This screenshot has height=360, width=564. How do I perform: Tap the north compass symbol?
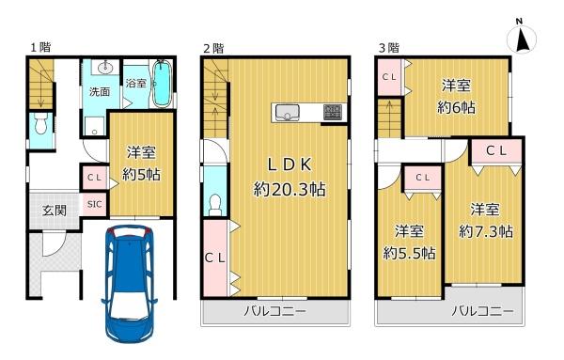(521, 37)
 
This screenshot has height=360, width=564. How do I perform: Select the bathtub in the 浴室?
(161, 84)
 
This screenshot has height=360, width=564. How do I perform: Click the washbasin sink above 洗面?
(105, 67)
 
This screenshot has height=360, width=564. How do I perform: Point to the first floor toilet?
(41, 123)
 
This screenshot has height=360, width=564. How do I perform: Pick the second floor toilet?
(215, 205)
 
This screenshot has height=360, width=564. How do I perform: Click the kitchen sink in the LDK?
(288, 113)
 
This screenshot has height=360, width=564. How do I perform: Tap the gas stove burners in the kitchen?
(333, 112)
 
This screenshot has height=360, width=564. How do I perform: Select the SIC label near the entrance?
(95, 204)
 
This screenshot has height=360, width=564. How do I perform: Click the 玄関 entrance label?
(55, 210)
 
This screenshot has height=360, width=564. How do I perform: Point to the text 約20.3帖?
(290, 189)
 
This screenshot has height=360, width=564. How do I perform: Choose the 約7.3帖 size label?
(486, 231)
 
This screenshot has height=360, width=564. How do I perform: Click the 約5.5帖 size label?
(409, 253)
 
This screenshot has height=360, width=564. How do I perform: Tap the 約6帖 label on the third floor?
(456, 107)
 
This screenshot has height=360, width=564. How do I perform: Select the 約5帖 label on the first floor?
(141, 175)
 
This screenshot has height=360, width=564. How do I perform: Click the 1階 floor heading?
(40, 47)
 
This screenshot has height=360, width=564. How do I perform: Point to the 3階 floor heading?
(389, 48)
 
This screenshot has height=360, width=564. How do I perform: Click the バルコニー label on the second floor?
(274, 311)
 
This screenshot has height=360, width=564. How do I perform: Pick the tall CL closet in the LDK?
(215, 258)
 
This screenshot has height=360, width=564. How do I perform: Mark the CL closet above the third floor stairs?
(389, 77)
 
